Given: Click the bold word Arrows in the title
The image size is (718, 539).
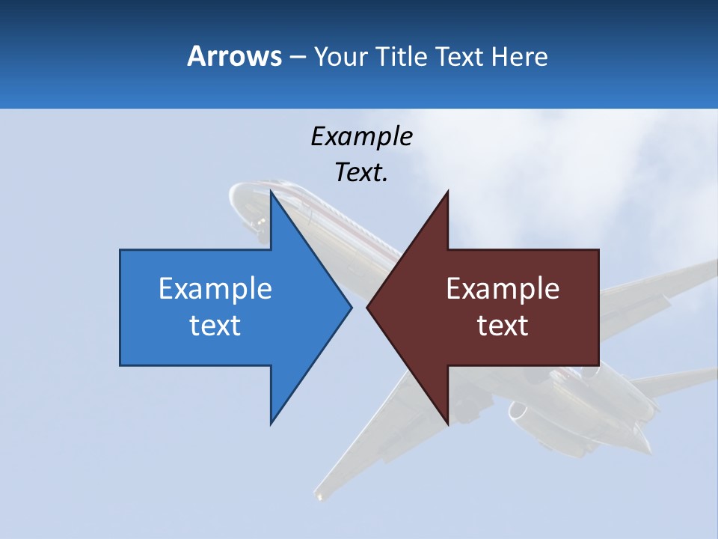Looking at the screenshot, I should point(234,56).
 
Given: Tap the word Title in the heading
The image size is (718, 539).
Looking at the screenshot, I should point(402,56).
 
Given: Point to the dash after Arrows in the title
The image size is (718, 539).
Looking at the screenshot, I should point(297,57).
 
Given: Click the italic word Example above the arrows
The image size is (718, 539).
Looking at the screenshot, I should point(361,136).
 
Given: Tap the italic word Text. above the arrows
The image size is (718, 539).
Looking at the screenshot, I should point(361,173).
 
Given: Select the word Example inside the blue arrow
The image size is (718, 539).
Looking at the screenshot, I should point(215,288).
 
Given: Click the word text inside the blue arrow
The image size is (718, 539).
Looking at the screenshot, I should point(215,326).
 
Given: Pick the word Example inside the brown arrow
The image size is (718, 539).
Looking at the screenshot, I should point(503,288).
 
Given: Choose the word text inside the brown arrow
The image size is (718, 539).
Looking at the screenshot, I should point(503,326).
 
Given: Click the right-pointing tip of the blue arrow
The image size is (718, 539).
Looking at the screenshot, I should point(350,307).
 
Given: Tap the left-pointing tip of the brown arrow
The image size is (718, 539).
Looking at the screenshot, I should point(368,307).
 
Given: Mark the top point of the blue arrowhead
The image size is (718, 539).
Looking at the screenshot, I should point(271,192).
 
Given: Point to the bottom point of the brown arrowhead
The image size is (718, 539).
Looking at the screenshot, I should point(447,423).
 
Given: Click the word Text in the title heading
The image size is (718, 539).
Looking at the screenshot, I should point(458,56).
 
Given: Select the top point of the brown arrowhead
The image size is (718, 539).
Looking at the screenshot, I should point(447,192).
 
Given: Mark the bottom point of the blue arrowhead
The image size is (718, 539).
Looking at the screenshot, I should point(271,423).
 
